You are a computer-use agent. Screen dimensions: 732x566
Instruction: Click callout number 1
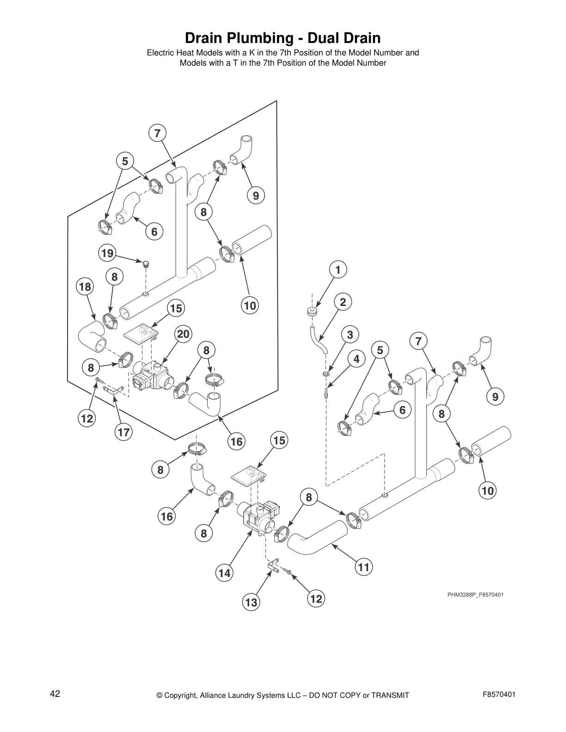(338, 270)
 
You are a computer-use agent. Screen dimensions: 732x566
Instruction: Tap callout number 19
(107, 253)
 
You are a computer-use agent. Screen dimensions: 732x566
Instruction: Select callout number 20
(183, 334)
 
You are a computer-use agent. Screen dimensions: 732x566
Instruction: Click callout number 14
(224, 573)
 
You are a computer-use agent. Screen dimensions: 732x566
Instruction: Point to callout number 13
(251, 602)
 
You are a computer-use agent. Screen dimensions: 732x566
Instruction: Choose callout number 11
(364, 567)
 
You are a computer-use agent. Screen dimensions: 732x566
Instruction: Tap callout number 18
(85, 287)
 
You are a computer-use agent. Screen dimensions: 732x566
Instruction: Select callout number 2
(343, 302)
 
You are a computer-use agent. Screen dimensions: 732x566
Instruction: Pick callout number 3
(350, 335)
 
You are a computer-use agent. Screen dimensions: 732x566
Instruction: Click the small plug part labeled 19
(146, 264)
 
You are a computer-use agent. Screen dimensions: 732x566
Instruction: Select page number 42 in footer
(55, 694)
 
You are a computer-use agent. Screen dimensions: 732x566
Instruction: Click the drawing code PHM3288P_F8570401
(475, 594)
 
